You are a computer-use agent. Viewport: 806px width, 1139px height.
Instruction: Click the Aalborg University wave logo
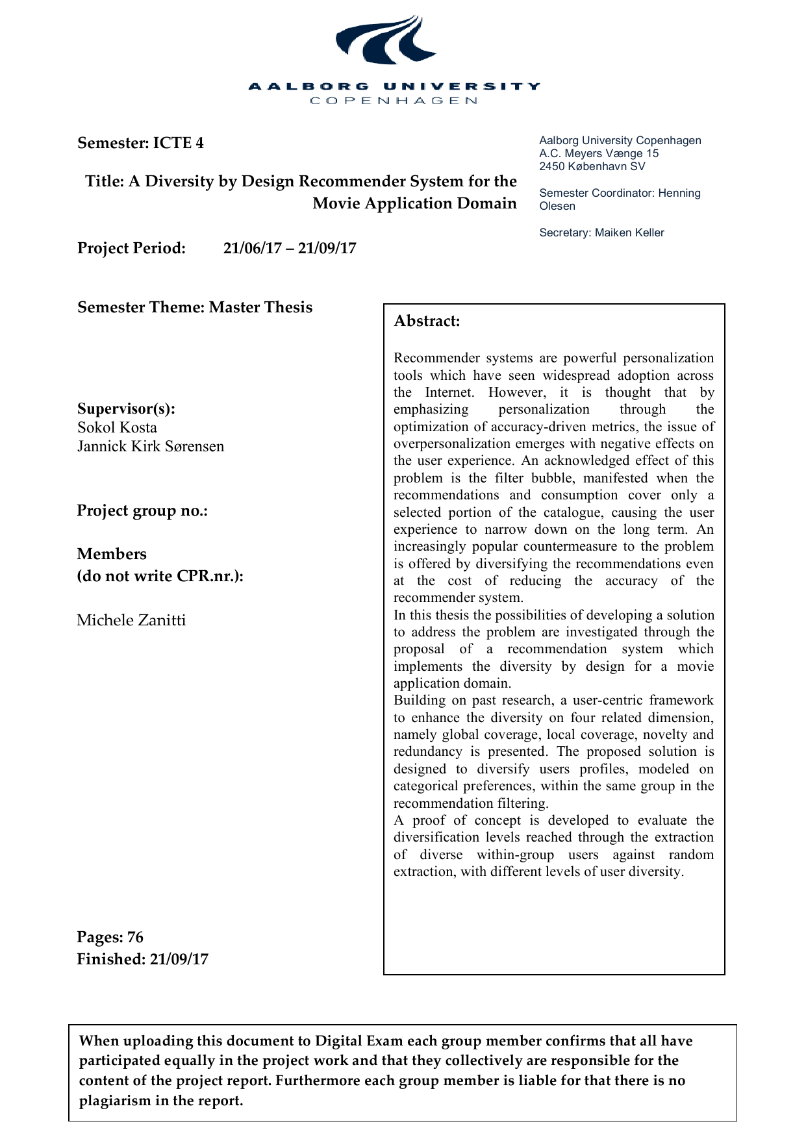386,40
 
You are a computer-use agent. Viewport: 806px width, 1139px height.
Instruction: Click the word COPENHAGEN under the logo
394,101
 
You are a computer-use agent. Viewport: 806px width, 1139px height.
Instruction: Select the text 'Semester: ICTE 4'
140,143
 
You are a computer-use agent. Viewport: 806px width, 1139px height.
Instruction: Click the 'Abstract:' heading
427,321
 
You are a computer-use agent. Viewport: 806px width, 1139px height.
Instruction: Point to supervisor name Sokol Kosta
117,427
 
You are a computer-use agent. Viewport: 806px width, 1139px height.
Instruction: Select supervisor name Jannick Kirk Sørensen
151,446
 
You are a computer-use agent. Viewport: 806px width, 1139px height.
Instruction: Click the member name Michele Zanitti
131,620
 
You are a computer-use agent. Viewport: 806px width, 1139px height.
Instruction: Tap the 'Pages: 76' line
110,937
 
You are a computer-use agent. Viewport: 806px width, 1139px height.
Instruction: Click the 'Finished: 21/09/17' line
142,959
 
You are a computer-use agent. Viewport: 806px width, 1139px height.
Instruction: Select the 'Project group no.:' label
142,510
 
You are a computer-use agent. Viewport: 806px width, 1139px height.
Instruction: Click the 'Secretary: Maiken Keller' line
601,232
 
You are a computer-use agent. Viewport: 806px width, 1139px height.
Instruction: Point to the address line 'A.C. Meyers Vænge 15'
598,153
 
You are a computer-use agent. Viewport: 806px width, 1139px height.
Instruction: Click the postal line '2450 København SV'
592,166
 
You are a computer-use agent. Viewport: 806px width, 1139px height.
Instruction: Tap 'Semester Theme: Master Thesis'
195,307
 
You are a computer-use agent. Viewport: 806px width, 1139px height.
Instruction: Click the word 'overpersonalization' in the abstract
451,444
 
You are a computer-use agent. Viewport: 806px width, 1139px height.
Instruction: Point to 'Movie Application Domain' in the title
414,203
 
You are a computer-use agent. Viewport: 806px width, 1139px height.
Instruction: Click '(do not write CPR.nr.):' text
160,576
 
